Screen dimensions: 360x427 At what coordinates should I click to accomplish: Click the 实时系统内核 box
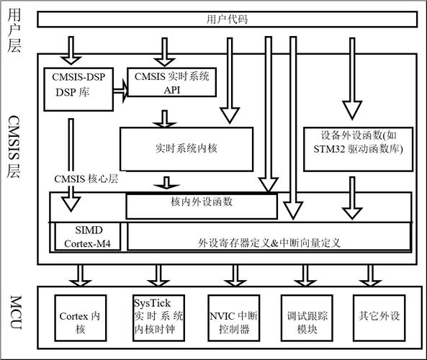[x=186, y=148]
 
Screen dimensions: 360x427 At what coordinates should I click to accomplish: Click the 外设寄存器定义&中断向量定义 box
[x=269, y=237]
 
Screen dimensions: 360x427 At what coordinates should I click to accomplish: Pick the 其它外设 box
[x=378, y=315]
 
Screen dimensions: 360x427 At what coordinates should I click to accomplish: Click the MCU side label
[x=14, y=316]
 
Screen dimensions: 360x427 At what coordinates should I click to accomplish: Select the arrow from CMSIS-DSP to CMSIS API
[x=121, y=89]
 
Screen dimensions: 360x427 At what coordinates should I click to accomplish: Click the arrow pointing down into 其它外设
[x=371, y=274]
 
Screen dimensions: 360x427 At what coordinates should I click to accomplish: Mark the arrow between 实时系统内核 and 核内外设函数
[x=166, y=184]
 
